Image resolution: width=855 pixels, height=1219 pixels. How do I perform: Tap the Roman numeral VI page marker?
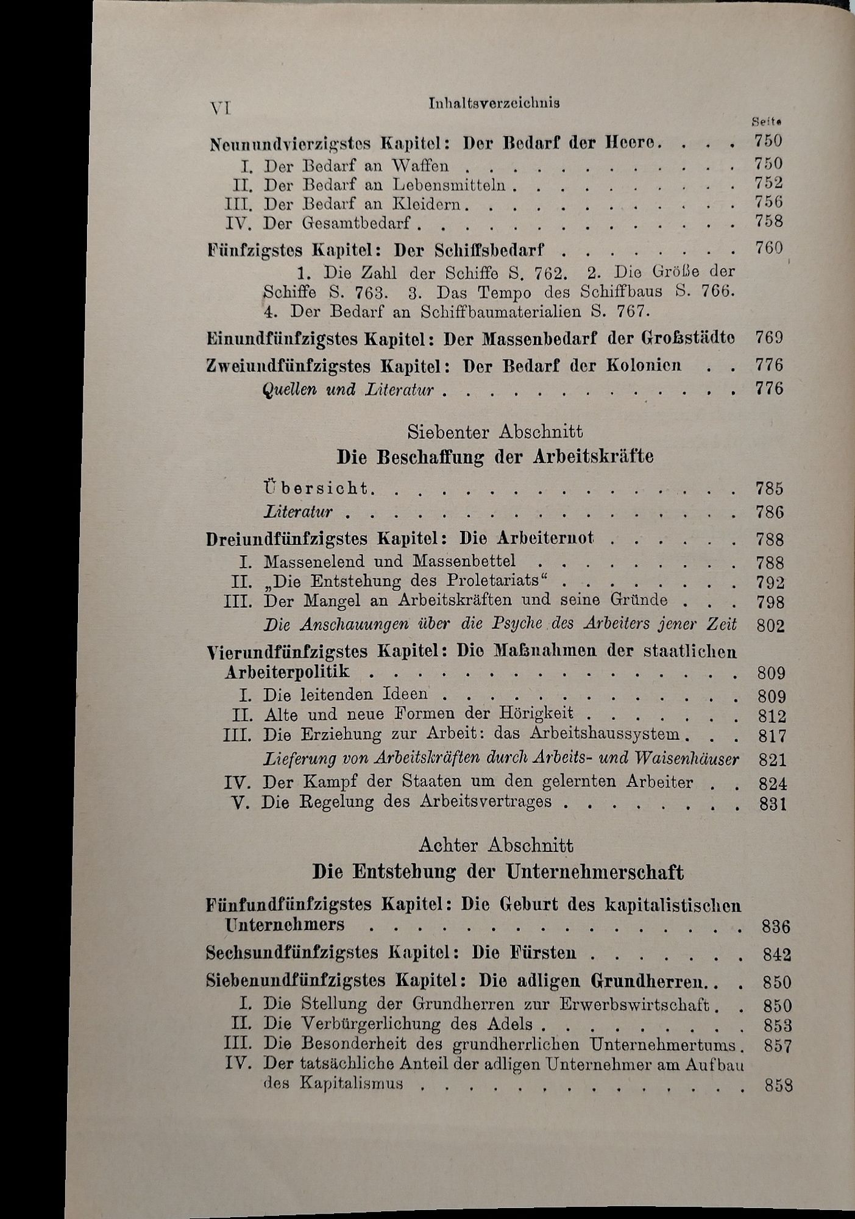[x=219, y=108]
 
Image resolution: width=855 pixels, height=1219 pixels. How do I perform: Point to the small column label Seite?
[x=767, y=122]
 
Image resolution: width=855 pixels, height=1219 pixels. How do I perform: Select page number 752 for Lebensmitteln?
[x=768, y=183]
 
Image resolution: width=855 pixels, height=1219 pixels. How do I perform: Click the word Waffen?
[x=420, y=165]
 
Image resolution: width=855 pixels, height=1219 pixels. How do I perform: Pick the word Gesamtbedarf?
[x=356, y=223]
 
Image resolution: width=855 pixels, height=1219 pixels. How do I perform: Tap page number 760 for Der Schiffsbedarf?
[x=768, y=249]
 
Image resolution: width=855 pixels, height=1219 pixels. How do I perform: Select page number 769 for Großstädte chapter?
[x=768, y=338]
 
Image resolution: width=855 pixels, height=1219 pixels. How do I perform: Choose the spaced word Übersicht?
[x=318, y=488]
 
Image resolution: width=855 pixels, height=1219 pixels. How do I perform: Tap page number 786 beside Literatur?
[x=769, y=512]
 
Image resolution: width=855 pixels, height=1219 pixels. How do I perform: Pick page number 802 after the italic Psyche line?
[x=770, y=625]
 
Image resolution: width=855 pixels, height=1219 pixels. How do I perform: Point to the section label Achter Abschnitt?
[x=496, y=845]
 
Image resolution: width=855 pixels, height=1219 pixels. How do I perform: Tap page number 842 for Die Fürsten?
[x=776, y=954]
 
